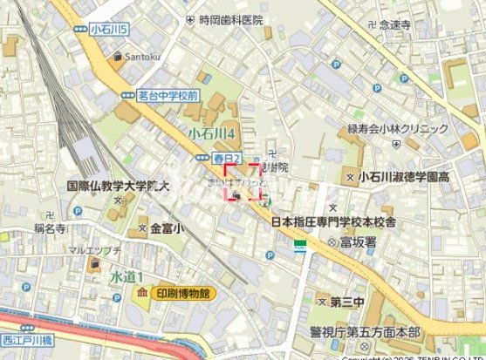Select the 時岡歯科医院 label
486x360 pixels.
pyautogui.click(x=230, y=19)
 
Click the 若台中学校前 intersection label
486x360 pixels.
pyautogui.click(x=168, y=94)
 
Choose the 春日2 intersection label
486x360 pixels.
pyautogui.click(x=227, y=158)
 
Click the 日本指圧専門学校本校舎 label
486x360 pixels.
pyautogui.click(x=333, y=222)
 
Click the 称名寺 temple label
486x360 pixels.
pyautogui.click(x=51, y=224)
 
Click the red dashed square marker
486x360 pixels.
pyautogui.click(x=243, y=182)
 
